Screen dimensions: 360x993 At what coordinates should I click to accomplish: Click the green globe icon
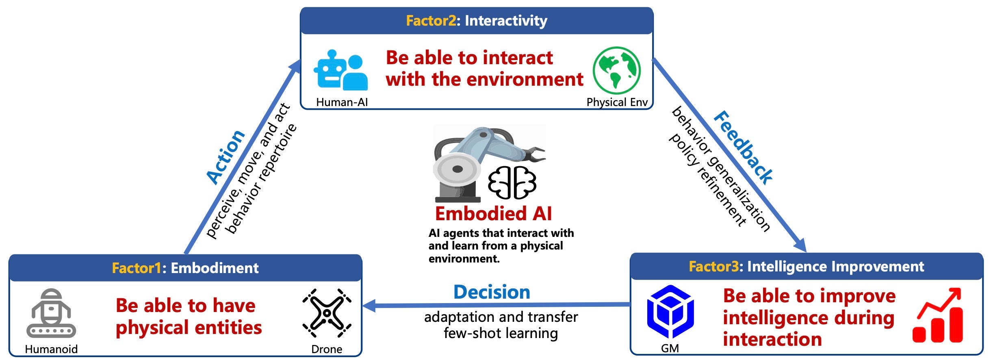(x=616, y=70)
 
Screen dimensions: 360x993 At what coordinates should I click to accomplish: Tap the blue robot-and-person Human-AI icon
(x=340, y=70)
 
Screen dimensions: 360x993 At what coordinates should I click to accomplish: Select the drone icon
(x=327, y=313)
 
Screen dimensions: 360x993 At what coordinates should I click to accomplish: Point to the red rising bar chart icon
(x=938, y=316)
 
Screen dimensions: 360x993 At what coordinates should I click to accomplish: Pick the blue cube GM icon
(x=670, y=312)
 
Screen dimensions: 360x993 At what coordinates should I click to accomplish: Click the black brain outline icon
(x=512, y=182)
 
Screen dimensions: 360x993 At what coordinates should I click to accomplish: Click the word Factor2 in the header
(x=431, y=21)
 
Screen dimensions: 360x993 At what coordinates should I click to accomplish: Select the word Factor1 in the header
(x=137, y=268)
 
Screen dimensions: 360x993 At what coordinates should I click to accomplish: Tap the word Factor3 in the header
(x=713, y=267)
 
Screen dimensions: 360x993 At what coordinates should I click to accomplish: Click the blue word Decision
(x=492, y=292)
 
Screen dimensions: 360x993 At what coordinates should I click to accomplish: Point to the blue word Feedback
(x=743, y=147)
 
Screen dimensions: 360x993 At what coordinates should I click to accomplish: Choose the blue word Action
(x=226, y=157)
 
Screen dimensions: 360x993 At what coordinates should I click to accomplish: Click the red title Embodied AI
(x=493, y=214)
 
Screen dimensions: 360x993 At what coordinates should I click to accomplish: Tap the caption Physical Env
(x=617, y=102)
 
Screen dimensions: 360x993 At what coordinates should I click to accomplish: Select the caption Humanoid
(x=51, y=349)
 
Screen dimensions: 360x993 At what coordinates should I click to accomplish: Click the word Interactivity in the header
(x=506, y=21)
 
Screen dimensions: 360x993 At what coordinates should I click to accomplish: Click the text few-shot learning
(x=501, y=333)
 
